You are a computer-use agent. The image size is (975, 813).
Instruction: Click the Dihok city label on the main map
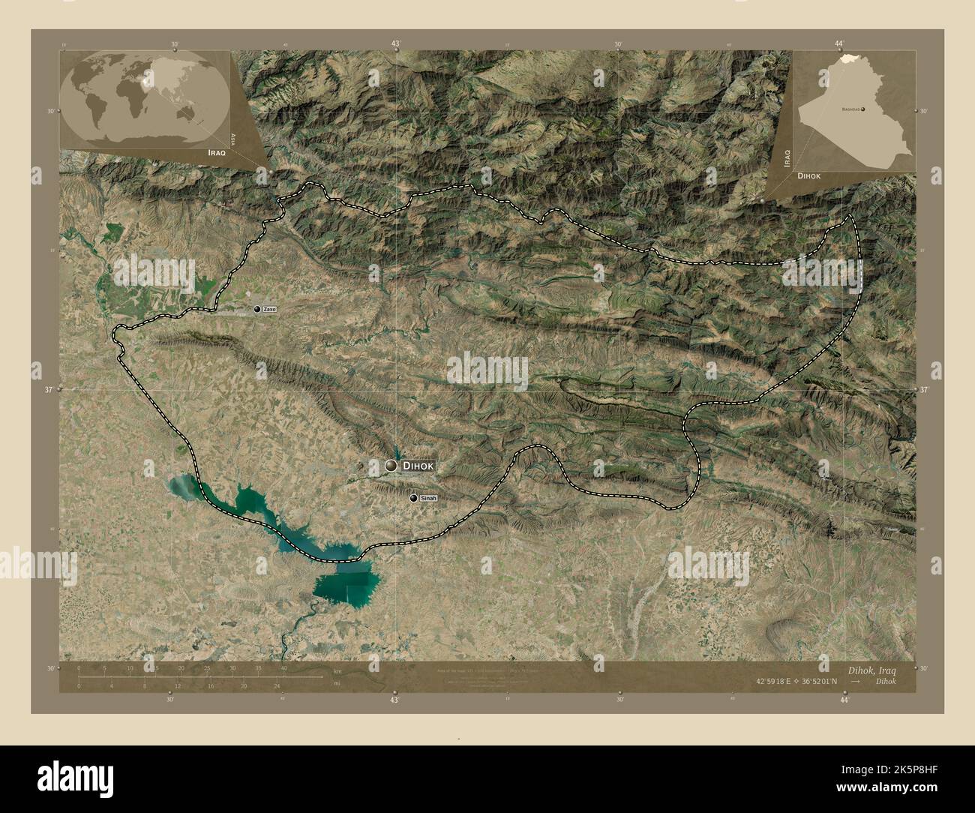[418, 466]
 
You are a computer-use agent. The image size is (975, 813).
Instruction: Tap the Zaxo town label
[269, 309]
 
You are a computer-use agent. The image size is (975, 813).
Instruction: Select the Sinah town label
[427, 498]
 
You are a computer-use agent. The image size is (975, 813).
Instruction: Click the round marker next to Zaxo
[256, 309]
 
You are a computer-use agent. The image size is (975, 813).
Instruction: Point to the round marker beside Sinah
[413, 498]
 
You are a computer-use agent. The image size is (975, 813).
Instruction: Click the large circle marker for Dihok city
[391, 466]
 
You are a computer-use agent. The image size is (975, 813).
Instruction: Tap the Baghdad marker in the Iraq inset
[863, 109]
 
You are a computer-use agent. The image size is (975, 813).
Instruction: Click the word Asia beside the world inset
[234, 138]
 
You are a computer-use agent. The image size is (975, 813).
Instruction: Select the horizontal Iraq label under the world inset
[216, 151]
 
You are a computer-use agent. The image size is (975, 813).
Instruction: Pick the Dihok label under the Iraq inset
[809, 175]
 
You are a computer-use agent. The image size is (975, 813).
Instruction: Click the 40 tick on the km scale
[283, 668]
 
